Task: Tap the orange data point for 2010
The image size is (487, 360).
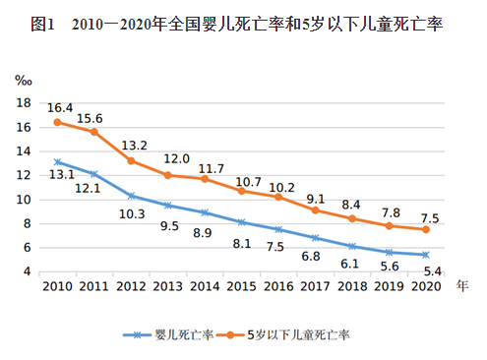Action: click(x=58, y=122)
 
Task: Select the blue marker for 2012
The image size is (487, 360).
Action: click(x=131, y=196)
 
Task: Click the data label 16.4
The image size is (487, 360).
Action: click(x=61, y=107)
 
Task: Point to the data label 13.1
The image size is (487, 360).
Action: click(x=61, y=175)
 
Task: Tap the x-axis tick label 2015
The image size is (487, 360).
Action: click(x=242, y=287)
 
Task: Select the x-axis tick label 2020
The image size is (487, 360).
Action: click(x=424, y=287)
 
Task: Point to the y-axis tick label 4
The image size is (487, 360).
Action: click(x=30, y=271)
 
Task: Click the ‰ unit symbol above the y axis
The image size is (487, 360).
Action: click(x=26, y=79)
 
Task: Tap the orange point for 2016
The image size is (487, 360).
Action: click(x=278, y=197)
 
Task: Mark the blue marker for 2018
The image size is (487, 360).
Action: click(x=351, y=246)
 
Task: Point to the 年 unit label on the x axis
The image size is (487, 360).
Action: click(x=462, y=286)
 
